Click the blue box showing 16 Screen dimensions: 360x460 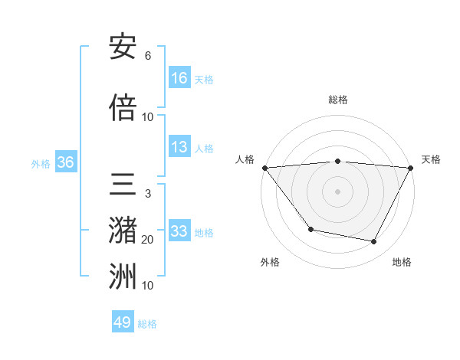[x=179, y=78]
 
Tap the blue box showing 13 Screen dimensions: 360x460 [x=179, y=148]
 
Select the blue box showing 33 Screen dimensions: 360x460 [x=179, y=231]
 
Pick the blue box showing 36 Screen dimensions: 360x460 [x=65, y=162]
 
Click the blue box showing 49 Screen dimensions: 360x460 [x=123, y=322]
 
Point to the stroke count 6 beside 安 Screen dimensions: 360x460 [x=148, y=56]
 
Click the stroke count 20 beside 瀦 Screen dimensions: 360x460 [x=148, y=240]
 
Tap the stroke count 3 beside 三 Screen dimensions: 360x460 [x=148, y=194]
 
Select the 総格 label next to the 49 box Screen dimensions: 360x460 [x=148, y=324]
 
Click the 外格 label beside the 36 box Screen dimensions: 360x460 [x=41, y=164]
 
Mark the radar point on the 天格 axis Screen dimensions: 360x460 [x=411, y=168]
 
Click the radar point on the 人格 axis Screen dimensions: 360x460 [x=264, y=168]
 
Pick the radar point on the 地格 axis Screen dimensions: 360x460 [x=374, y=242]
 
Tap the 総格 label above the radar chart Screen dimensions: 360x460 [x=338, y=100]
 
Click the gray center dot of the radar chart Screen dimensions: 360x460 [x=338, y=191]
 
